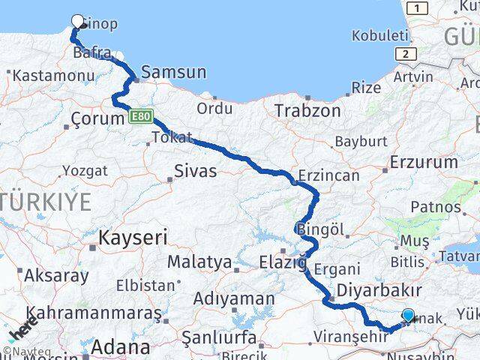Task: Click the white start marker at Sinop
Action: (77, 22)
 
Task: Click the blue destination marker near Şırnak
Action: (408, 316)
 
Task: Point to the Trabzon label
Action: (307, 111)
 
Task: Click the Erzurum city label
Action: (424, 162)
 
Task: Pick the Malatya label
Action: (199, 262)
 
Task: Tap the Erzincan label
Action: (328, 176)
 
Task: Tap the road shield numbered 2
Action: (406, 54)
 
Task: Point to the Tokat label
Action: (172, 138)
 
